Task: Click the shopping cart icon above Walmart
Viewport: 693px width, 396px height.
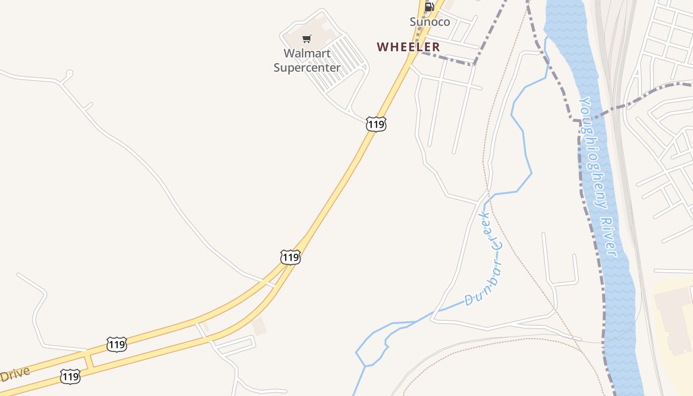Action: pyautogui.click(x=307, y=39)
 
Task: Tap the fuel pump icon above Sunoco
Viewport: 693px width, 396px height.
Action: pyautogui.click(x=429, y=7)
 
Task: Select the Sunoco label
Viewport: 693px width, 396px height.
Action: pyautogui.click(x=430, y=22)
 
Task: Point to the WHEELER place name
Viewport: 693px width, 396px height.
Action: pyautogui.click(x=408, y=47)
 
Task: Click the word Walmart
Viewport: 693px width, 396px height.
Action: pyautogui.click(x=307, y=53)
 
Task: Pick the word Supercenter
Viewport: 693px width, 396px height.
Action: pyautogui.click(x=307, y=67)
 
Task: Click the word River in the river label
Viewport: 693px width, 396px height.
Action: pyautogui.click(x=611, y=236)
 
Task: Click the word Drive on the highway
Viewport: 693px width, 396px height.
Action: pyautogui.click(x=15, y=374)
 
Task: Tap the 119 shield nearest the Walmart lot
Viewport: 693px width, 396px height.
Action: pyautogui.click(x=376, y=124)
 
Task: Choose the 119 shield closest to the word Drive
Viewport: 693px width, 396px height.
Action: pyautogui.click(x=70, y=377)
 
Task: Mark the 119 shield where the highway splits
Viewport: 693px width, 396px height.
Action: pyautogui.click(x=290, y=257)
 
